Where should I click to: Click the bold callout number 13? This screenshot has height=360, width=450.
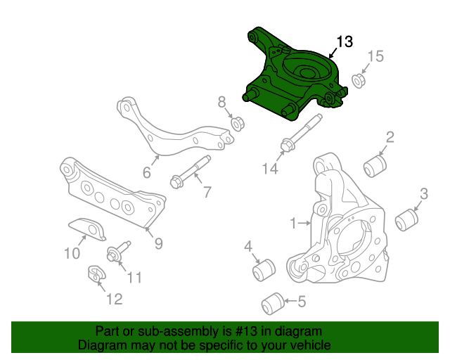(345, 41)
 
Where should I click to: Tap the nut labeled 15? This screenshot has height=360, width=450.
(358, 81)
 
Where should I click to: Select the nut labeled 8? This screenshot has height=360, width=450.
(238, 124)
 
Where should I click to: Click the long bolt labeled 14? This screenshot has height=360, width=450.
(302, 132)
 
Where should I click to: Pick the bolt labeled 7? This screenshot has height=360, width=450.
(191, 172)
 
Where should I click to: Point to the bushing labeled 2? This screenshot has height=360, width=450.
(375, 166)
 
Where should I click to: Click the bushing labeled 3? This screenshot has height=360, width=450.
(406, 220)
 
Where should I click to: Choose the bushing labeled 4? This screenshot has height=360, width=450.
(264, 270)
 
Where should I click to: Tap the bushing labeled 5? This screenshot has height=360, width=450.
(273, 304)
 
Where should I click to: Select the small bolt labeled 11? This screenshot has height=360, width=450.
(119, 251)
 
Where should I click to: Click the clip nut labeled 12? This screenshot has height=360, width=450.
(96, 274)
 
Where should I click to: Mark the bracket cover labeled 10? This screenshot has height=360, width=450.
(87, 229)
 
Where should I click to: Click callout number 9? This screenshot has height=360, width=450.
(159, 243)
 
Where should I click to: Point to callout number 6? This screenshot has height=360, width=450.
(147, 172)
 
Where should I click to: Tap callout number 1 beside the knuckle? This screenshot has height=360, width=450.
(293, 223)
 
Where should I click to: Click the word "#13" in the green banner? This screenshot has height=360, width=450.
(246, 331)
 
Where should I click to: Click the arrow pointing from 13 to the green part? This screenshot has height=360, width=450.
(333, 53)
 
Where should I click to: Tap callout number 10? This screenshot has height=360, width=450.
(72, 254)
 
